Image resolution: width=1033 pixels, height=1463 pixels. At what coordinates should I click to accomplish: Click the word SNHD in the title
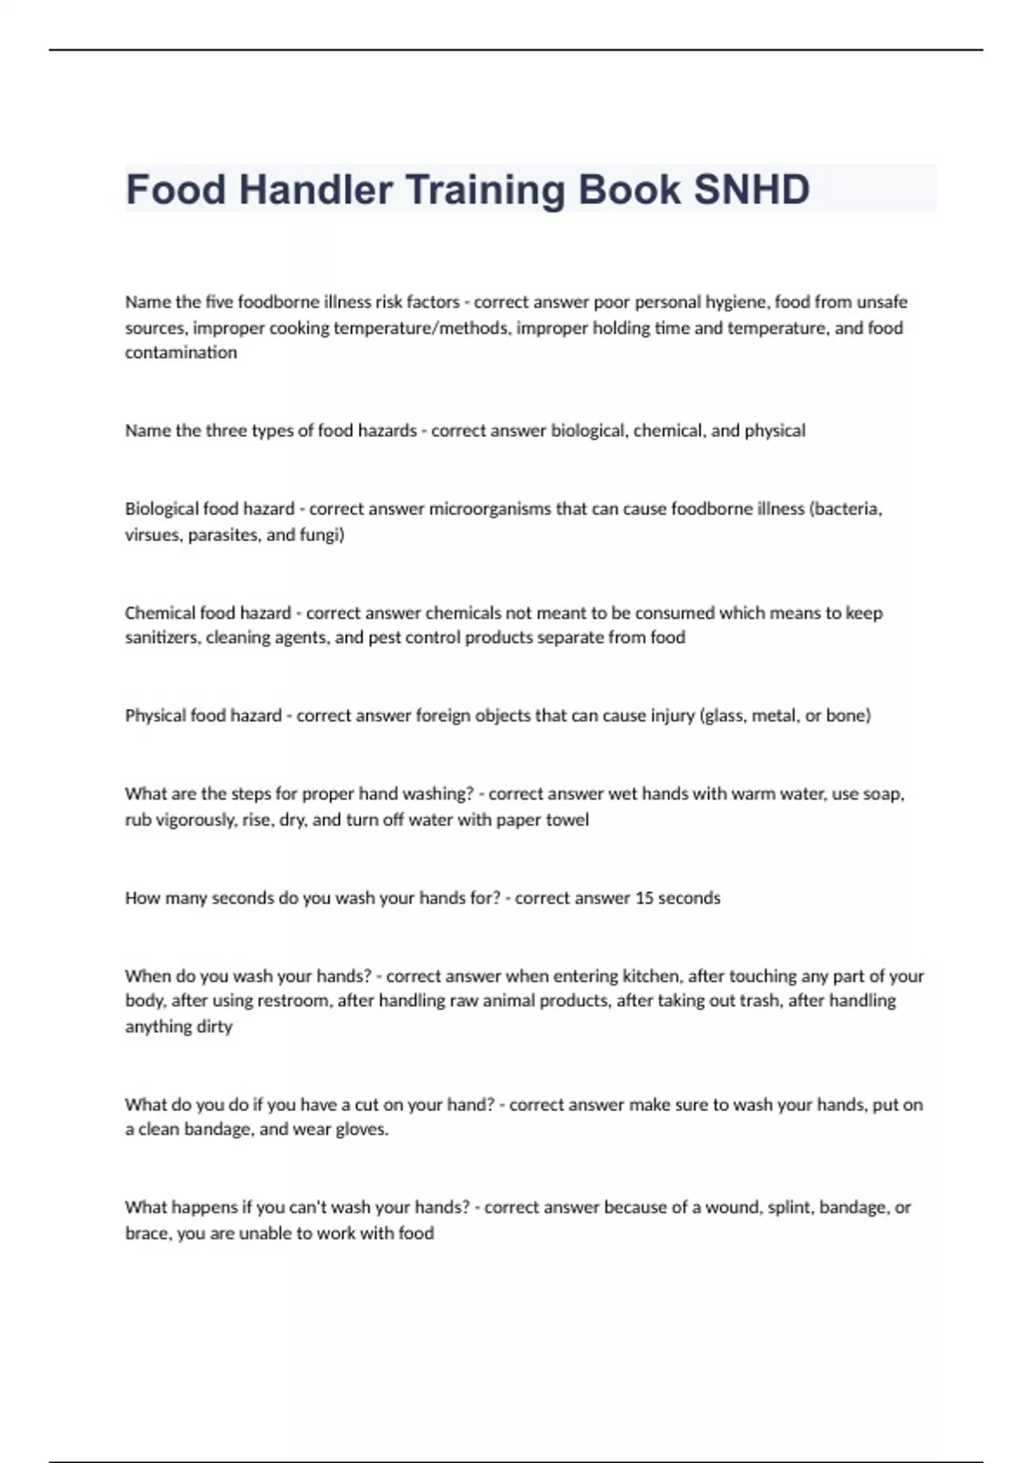pyautogui.click(x=752, y=189)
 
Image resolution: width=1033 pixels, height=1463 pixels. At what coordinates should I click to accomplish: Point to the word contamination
pyautogui.click(x=181, y=352)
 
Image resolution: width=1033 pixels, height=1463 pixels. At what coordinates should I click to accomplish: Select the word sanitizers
pyautogui.click(x=162, y=638)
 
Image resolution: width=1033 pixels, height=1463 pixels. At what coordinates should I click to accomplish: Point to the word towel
pyautogui.click(x=566, y=819)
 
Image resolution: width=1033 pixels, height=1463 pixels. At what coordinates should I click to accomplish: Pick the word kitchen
pyautogui.click(x=652, y=976)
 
